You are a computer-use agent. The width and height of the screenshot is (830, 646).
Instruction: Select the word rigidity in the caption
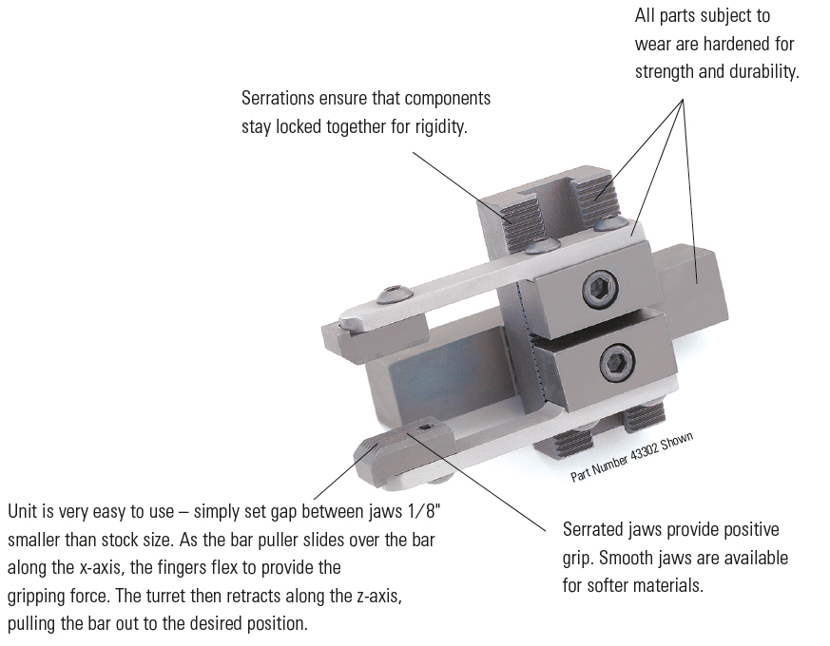point(437,126)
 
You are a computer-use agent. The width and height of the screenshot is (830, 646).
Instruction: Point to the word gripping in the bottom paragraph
point(38,597)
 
